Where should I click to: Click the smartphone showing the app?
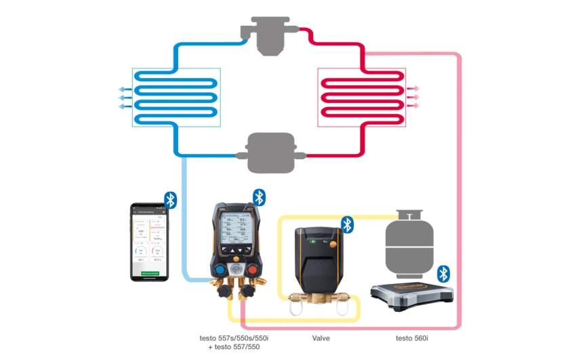click(149, 241)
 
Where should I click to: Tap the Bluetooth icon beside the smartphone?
click(171, 199)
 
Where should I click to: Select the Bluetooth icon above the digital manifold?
click(260, 197)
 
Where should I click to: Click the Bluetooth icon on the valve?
click(347, 224)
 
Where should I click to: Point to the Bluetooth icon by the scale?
click(444, 273)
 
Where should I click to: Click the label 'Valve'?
click(321, 337)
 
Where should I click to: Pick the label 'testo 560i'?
click(413, 337)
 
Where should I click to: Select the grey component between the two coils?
click(271, 153)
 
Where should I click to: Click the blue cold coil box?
click(177, 98)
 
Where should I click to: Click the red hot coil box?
click(362, 98)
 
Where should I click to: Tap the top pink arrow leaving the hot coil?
click(415, 89)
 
